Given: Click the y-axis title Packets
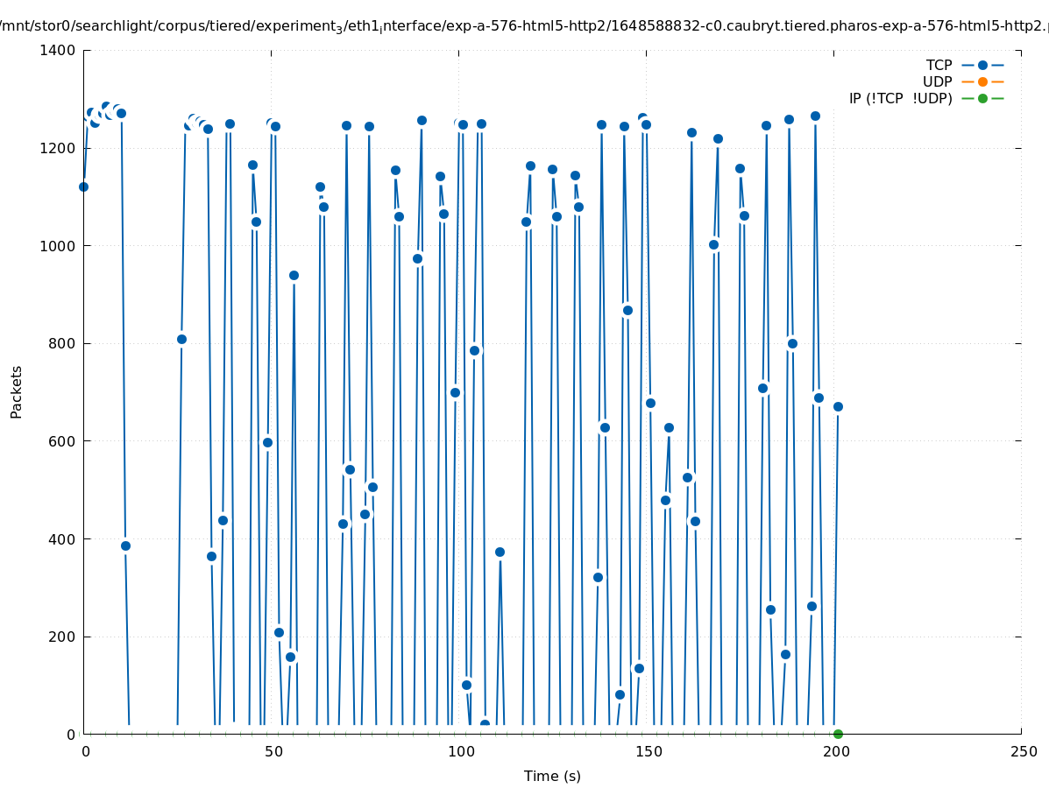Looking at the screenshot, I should pyautogui.click(x=17, y=391).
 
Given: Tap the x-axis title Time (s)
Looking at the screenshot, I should pyautogui.click(x=552, y=776).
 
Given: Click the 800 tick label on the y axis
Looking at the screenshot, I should pyautogui.click(x=63, y=344).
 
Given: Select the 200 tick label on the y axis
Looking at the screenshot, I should pyautogui.click(x=63, y=637).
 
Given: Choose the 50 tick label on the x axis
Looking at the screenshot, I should pyautogui.click(x=273, y=751).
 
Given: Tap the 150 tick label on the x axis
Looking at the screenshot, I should pyautogui.click(x=648, y=751).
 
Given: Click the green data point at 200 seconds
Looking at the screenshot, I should pyautogui.click(x=838, y=734).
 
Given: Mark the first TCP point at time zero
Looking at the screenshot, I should pyautogui.click(x=83, y=186).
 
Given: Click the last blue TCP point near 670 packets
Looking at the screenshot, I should pyautogui.click(x=838, y=406).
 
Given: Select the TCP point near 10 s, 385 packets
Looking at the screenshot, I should pyautogui.click(x=125, y=545).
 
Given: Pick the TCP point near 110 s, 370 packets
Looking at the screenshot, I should pyautogui.click(x=500, y=552).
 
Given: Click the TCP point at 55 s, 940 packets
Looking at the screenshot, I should pyautogui.click(x=294, y=275).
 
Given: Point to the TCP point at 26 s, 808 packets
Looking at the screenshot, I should pyautogui.click(x=181, y=339).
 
